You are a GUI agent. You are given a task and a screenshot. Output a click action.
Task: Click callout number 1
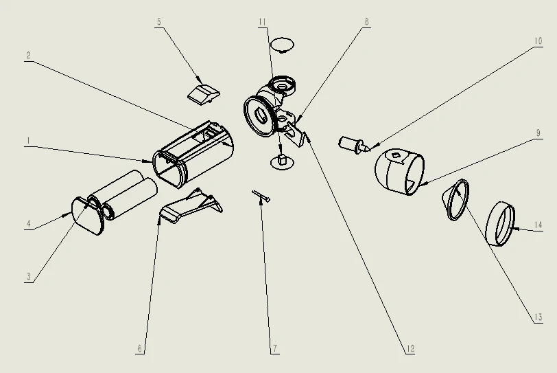(28, 141)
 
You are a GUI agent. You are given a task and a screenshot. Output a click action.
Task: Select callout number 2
(28, 56)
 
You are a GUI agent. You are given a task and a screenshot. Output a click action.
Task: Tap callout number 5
(158, 22)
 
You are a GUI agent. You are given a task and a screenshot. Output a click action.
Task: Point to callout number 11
(262, 22)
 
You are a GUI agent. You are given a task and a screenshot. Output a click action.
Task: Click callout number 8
(366, 22)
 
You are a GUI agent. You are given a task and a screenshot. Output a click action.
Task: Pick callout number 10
(538, 41)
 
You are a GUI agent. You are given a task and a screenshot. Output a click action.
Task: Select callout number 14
(538, 225)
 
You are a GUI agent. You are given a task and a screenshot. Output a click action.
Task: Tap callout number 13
(538, 317)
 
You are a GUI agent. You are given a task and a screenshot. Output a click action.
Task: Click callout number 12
(410, 349)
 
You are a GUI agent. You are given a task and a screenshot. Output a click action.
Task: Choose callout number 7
(275, 348)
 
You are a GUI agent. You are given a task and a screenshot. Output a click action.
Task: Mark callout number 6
(140, 348)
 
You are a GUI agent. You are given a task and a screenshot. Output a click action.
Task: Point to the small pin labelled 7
(261, 196)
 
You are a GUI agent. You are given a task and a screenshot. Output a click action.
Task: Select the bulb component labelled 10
(353, 144)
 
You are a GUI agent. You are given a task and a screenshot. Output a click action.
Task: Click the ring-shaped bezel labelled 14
(500, 224)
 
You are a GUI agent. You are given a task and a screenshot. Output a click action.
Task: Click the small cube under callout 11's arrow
(283, 159)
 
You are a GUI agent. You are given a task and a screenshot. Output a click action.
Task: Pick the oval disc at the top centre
(282, 45)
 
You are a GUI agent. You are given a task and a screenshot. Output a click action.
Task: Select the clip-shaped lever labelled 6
(191, 205)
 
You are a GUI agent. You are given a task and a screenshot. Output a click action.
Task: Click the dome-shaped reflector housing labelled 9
(399, 172)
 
